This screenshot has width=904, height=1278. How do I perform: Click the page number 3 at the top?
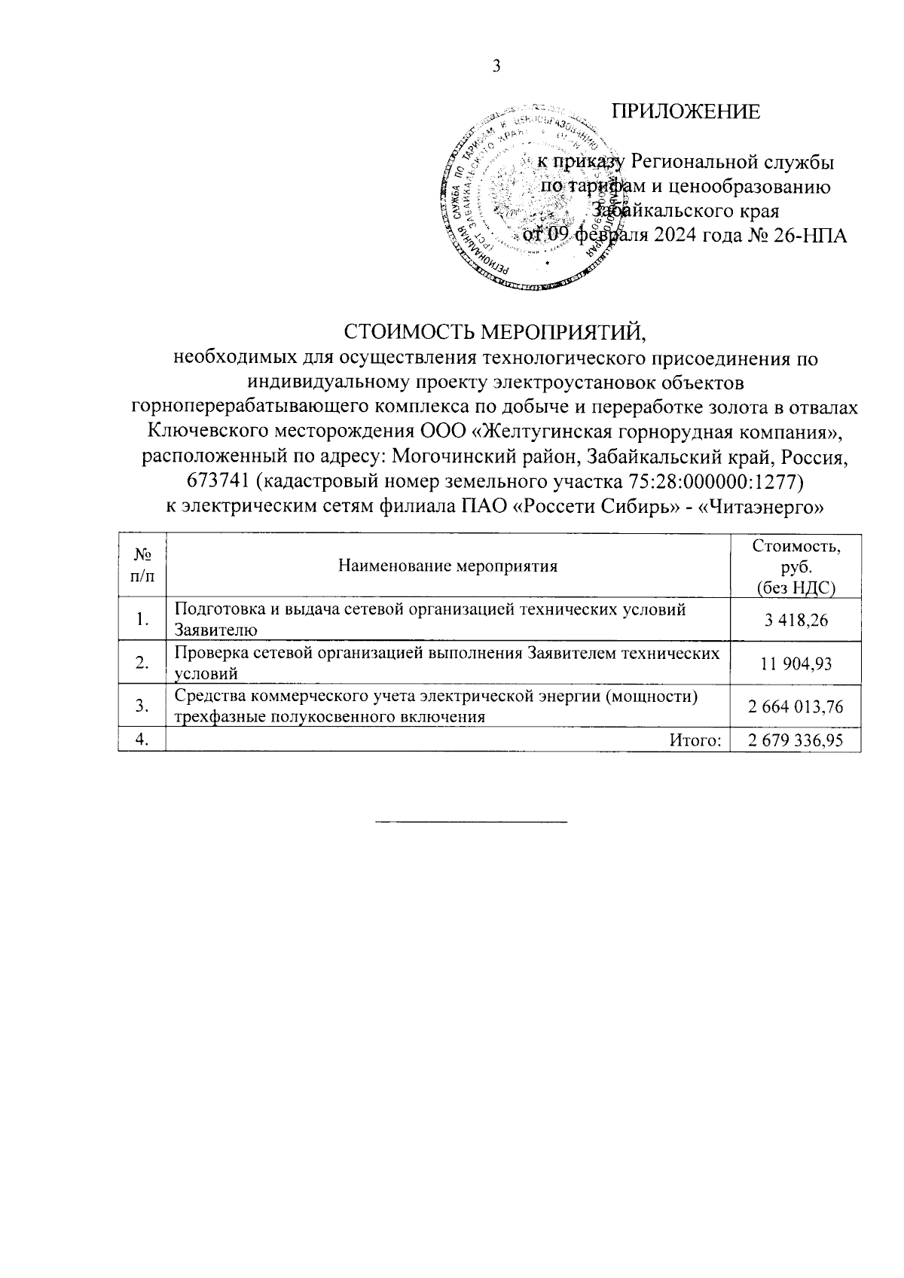click(496, 67)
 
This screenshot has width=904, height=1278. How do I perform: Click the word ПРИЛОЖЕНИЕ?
click(685, 111)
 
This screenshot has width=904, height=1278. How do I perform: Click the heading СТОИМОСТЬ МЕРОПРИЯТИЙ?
click(496, 332)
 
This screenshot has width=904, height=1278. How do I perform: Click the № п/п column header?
click(142, 566)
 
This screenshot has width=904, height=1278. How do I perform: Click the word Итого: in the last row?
click(695, 740)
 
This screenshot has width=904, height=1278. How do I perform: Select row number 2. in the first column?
click(142, 663)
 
